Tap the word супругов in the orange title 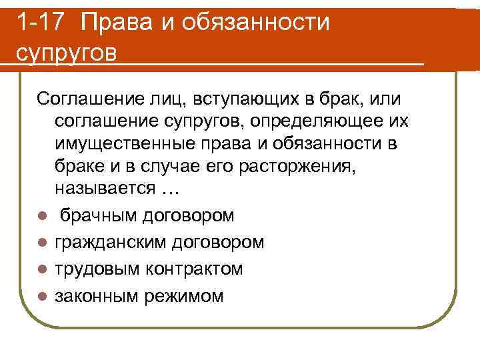point(65,52)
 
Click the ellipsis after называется point(171,189)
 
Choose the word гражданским point(109,241)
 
